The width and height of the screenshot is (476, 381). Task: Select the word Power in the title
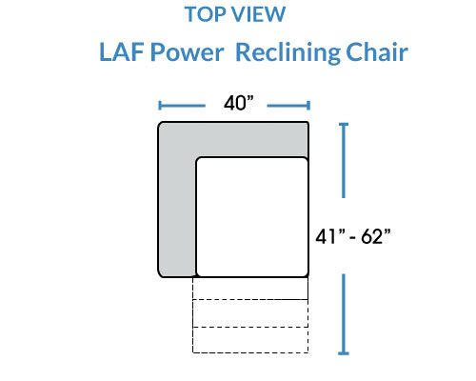(188, 52)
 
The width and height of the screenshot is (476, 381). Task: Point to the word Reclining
(288, 52)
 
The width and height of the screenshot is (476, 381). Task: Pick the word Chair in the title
(377, 52)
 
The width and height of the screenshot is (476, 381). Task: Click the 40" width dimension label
(239, 103)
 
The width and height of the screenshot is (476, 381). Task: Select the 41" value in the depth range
(330, 236)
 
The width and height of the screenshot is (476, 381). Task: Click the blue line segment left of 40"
(182, 106)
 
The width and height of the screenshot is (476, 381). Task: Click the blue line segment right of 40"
(288, 106)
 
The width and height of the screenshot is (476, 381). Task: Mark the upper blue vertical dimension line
(344, 160)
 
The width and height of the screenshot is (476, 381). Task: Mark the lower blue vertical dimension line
(344, 314)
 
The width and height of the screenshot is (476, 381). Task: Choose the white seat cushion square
(252, 217)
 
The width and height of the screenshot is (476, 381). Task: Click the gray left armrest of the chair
(177, 216)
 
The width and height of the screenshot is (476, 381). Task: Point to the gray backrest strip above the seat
(233, 139)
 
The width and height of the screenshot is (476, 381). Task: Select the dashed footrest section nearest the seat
(250, 289)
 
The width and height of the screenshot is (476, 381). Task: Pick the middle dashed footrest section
(250, 313)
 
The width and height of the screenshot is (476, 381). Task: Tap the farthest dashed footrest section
(250, 340)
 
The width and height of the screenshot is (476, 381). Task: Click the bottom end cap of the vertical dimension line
(344, 353)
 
